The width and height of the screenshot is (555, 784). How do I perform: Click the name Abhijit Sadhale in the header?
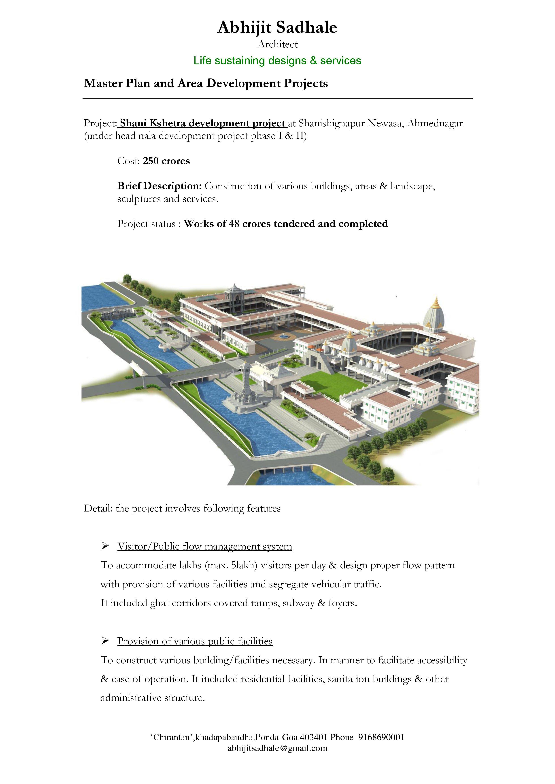point(277,27)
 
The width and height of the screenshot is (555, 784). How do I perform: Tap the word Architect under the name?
point(277,44)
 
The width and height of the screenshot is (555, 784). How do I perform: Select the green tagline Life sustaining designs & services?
point(277,61)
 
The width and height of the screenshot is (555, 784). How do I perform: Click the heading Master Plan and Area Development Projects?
point(206,83)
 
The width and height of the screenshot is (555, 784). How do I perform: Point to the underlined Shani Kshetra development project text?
point(203,123)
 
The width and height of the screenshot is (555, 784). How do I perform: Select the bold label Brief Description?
point(159,186)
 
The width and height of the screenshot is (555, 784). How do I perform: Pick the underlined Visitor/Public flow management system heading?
point(205,546)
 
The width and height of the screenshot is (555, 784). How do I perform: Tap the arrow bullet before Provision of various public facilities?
point(104,641)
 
